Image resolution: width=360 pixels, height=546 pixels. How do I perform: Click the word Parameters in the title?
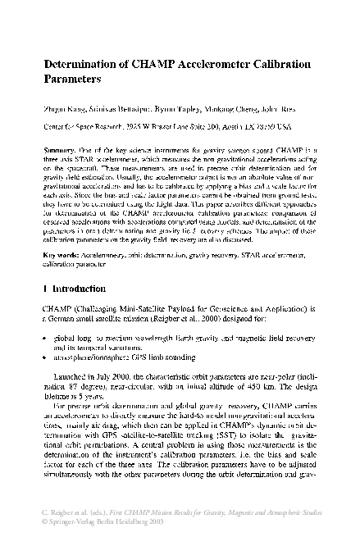pos(71,81)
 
